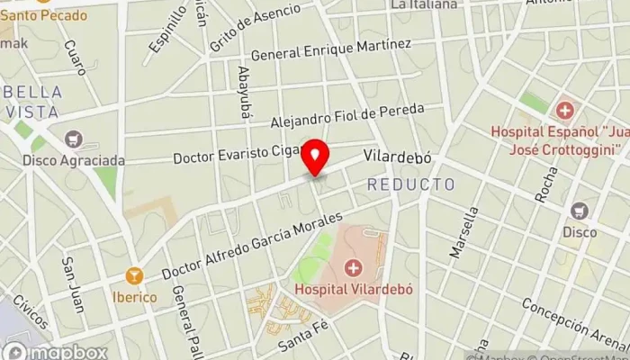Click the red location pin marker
(x=315, y=158)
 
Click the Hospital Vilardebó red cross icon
(x=352, y=267)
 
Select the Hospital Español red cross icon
(x=564, y=112)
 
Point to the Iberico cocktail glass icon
(x=135, y=275)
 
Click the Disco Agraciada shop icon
(x=74, y=139)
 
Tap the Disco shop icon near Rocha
(x=580, y=211)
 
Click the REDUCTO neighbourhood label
(x=410, y=184)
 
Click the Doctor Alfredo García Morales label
(x=253, y=246)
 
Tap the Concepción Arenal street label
(x=576, y=322)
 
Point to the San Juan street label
(x=72, y=285)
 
